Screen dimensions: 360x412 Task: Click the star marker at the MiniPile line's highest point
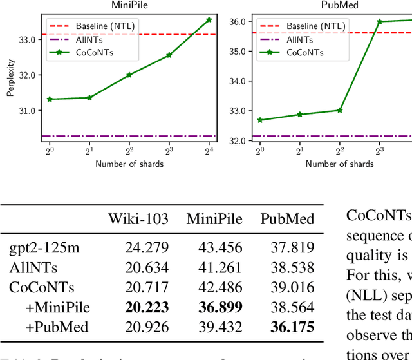(209, 20)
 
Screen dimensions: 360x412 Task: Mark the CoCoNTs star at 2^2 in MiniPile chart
(129, 75)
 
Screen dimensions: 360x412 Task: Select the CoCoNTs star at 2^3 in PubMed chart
(379, 21)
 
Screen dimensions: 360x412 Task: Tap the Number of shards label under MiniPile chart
(129, 164)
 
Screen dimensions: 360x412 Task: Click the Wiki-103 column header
(138, 219)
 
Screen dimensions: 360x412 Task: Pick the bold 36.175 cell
(287, 328)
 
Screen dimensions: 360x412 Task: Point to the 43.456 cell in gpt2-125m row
(214, 247)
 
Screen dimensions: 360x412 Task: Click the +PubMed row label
(57, 328)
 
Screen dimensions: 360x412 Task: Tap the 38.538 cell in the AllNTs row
(287, 267)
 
